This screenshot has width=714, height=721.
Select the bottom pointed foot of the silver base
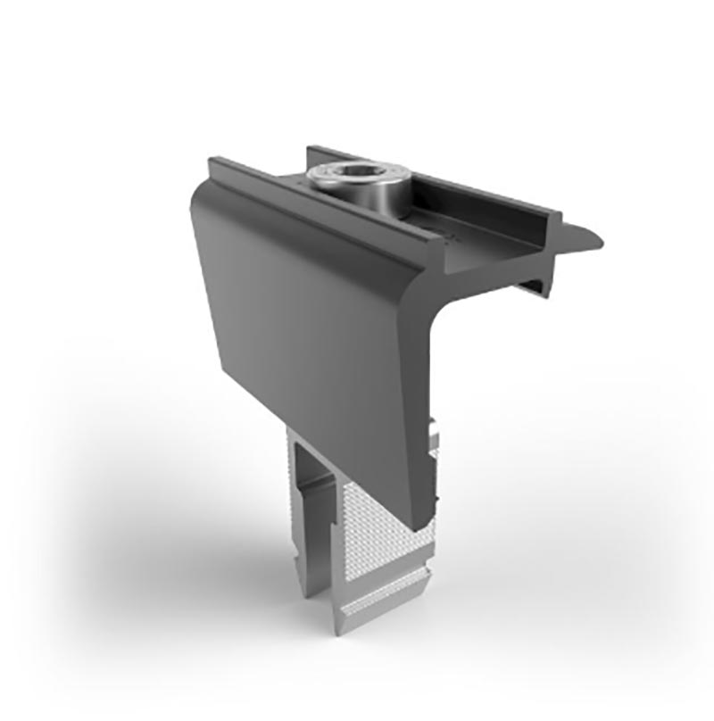[x=344, y=625]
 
